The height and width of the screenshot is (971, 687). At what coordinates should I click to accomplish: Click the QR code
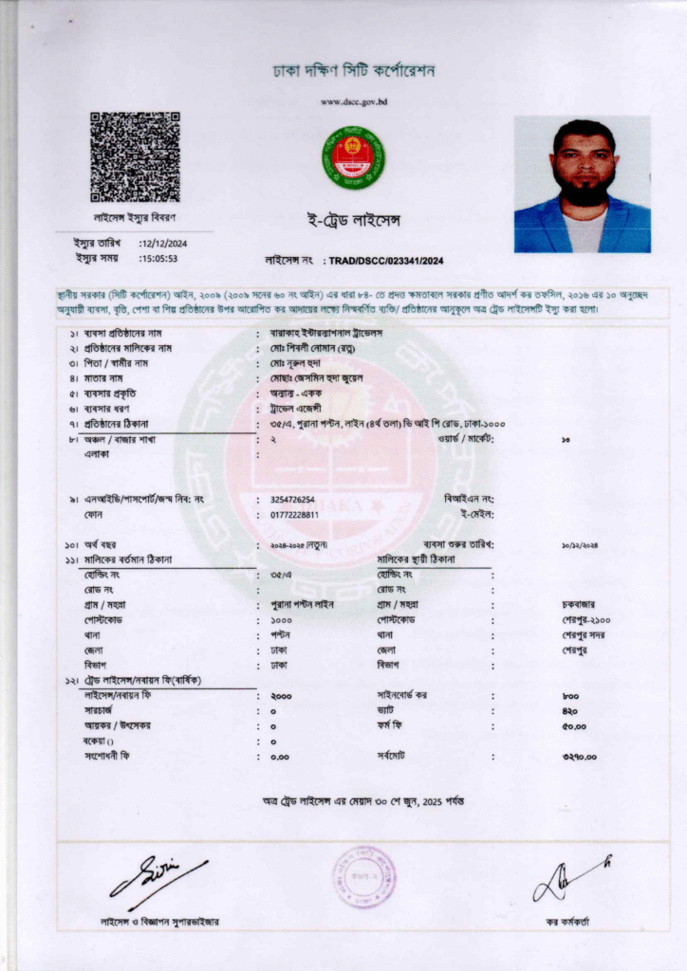click(x=135, y=157)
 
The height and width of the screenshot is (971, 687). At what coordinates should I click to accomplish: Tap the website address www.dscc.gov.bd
click(x=355, y=101)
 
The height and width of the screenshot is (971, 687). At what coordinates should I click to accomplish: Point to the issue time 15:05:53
click(x=160, y=258)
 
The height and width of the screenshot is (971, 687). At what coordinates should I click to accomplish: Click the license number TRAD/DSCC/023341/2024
click(x=387, y=261)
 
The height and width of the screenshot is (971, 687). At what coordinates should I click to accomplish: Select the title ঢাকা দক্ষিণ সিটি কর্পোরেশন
click(x=353, y=71)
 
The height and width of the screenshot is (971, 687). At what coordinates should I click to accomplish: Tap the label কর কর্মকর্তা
click(x=567, y=922)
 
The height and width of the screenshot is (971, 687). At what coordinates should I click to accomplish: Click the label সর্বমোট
click(x=391, y=757)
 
